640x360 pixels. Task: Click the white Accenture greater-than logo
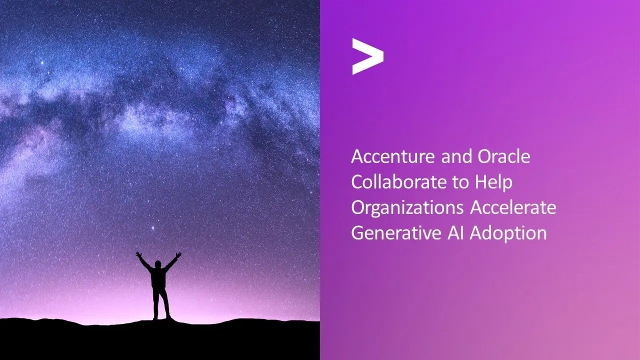[x=367, y=56]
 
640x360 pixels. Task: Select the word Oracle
[x=503, y=156]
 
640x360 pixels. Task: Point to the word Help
[x=493, y=183]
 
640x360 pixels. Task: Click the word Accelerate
[x=513, y=207]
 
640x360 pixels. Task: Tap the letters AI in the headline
[x=455, y=233]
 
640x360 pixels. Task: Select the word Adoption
[x=508, y=233]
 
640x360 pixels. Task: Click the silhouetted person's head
[x=157, y=264]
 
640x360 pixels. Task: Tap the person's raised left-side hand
[x=138, y=254]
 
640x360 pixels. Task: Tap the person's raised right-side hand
[x=178, y=255]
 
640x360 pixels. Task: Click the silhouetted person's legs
[x=160, y=302]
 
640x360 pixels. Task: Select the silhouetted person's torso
[x=158, y=277]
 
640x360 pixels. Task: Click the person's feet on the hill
[x=161, y=317]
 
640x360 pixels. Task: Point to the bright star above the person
[x=152, y=228]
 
